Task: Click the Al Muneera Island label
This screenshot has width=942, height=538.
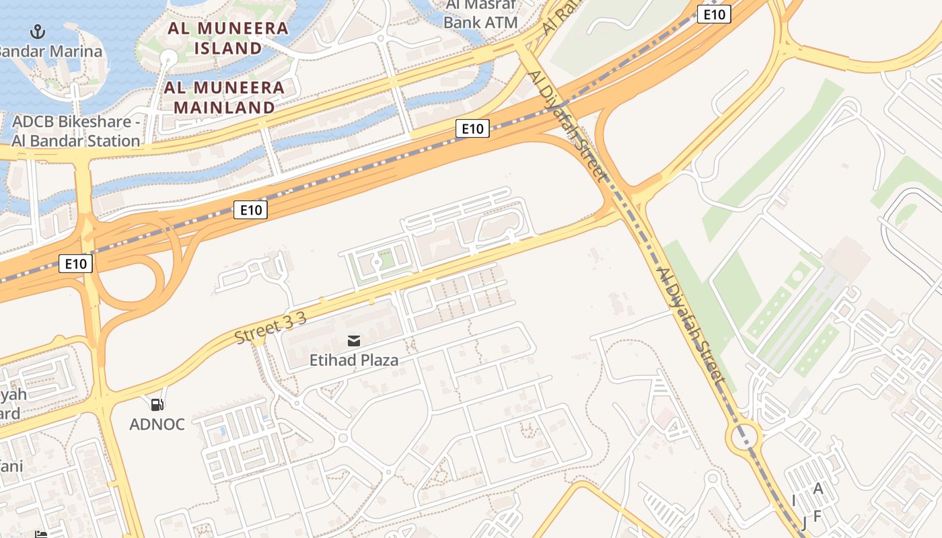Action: pyautogui.click(x=228, y=38)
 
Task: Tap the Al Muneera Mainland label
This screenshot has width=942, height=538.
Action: pyautogui.click(x=225, y=97)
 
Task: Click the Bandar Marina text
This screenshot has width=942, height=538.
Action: pyautogui.click(x=51, y=51)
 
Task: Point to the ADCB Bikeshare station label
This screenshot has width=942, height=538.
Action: pyautogui.click(x=76, y=131)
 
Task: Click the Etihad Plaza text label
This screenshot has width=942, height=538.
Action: pyautogui.click(x=354, y=360)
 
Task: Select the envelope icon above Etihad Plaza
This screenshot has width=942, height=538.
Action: pyautogui.click(x=354, y=341)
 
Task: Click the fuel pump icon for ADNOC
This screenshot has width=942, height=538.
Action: pyautogui.click(x=157, y=404)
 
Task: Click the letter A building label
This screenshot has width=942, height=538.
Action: pyautogui.click(x=818, y=489)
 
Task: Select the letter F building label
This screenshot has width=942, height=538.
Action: pyautogui.click(x=818, y=516)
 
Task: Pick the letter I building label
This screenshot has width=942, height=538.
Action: pyautogui.click(x=794, y=500)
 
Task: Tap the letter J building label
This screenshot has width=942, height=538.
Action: pyautogui.click(x=803, y=523)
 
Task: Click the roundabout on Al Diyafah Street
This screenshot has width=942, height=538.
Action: pyautogui.click(x=744, y=436)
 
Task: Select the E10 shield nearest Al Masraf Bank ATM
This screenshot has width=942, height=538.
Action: pyautogui.click(x=713, y=14)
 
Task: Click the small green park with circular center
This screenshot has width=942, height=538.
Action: pyautogui.click(x=377, y=262)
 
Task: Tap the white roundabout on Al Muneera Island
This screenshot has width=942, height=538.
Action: pyautogui.click(x=168, y=59)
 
